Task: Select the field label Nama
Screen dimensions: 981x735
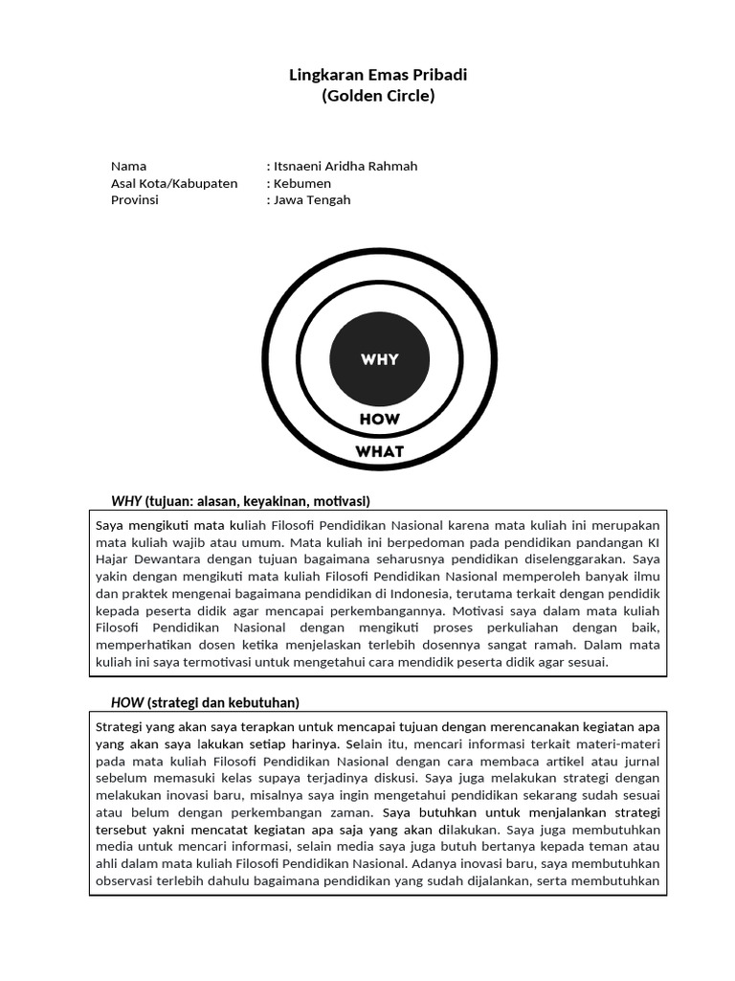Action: [x=129, y=166]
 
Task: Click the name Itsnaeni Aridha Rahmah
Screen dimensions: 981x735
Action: [x=345, y=166]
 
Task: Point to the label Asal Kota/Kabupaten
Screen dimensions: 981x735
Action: [x=174, y=183]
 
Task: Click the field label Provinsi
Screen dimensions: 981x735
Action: [x=135, y=200]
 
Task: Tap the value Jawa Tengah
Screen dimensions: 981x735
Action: [x=312, y=200]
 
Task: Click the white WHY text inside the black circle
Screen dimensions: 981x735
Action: [x=380, y=360]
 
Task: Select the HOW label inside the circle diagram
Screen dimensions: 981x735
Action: [x=380, y=420]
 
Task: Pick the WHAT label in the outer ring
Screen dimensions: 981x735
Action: [x=380, y=451]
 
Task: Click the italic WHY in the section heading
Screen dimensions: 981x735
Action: [x=126, y=501]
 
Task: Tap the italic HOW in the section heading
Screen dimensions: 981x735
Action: [x=127, y=702]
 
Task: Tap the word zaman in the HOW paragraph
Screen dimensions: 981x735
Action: [x=350, y=812]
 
